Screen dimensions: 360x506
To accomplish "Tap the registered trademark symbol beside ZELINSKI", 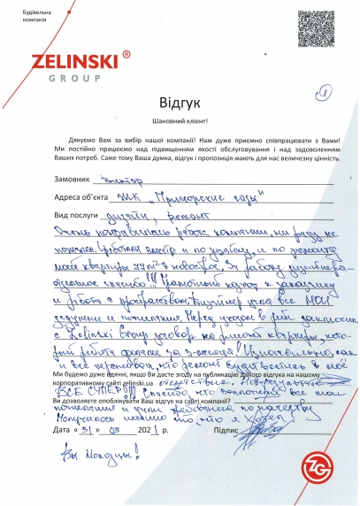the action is pyautogui.click(x=126, y=55).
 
